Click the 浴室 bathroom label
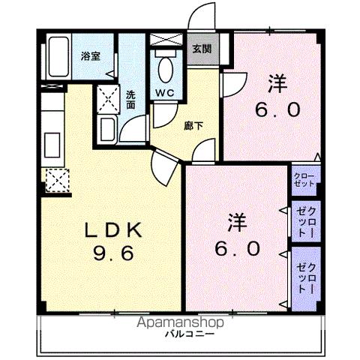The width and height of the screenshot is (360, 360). [x=90, y=56]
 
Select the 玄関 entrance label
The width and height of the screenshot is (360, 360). [x=201, y=50]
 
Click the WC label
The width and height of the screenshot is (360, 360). [x=165, y=93]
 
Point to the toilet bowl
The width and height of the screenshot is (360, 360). [x=164, y=68]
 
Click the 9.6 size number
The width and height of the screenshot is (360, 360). [x=112, y=253]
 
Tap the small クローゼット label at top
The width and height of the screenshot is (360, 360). [x=304, y=179]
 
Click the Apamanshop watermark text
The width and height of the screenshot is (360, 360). [x=180, y=322]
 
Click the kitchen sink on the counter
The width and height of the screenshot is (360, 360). [x=55, y=142]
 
